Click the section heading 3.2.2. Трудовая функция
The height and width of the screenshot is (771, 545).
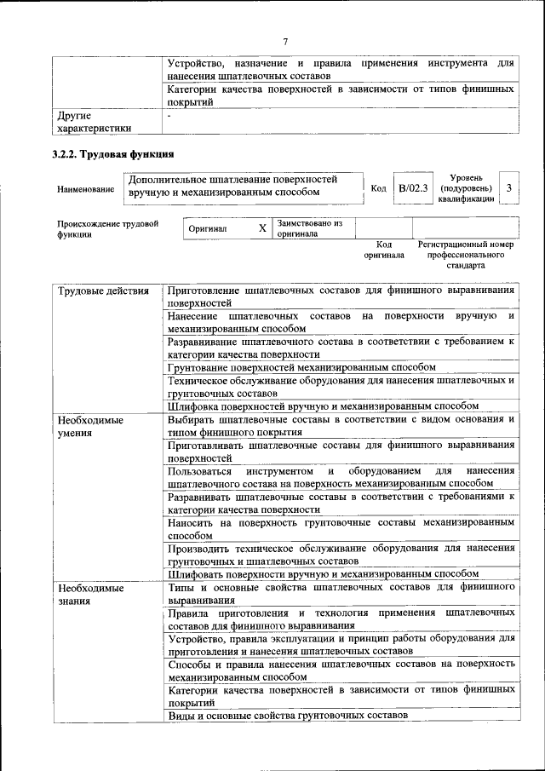[112, 154]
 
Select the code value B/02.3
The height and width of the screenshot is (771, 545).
[412, 187]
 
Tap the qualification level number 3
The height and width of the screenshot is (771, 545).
[508, 187]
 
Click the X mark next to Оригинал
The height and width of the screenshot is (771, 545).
[261, 229]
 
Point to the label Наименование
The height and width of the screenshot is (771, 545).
[85, 188]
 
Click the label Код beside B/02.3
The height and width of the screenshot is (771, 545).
[379, 188]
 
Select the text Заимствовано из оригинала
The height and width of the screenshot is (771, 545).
[308, 229]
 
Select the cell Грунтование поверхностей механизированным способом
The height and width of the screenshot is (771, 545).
[301, 367]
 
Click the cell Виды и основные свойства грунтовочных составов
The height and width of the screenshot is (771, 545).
[288, 716]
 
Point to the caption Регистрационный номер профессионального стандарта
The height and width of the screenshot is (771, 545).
[465, 255]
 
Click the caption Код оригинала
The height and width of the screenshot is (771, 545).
[383, 250]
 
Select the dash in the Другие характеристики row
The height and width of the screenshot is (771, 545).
[170, 114]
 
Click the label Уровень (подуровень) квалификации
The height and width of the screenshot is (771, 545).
[465, 187]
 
